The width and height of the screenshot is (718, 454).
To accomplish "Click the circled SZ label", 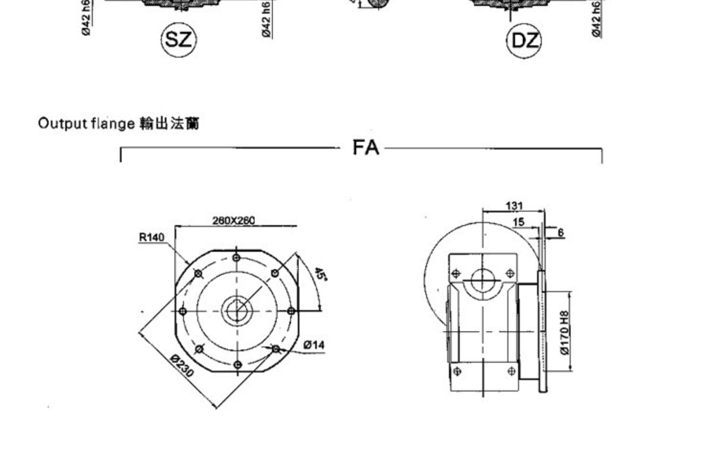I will coord(179,40).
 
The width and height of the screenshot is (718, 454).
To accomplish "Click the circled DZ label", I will coord(524,41).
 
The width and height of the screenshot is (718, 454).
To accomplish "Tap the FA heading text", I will coord(365,148).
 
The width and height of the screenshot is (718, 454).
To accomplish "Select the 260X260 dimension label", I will coord(234,221).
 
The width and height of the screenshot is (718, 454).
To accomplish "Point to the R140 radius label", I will coord(151,237).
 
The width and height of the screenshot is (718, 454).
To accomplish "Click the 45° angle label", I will coord(320,274).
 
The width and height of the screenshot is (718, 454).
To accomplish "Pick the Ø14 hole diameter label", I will coord(314,345).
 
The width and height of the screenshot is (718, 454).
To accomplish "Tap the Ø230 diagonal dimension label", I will coord(182,366).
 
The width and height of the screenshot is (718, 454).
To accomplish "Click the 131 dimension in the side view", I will coord(514,206).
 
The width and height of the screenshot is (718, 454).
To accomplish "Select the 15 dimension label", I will coord(519,222).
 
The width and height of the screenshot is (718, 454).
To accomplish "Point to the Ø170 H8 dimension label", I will coord(564,332).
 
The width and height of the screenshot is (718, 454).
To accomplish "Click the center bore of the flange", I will coord(237,311).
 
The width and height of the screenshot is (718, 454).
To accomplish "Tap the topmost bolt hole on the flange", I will coord(236,258).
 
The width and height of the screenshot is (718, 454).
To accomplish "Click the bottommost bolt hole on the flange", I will coord(237,365).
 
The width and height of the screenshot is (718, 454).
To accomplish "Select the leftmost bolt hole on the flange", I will coord(183,311).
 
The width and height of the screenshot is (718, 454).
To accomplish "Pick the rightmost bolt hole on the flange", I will coord(291,311).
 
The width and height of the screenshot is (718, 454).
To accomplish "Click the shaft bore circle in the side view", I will coord(483,280).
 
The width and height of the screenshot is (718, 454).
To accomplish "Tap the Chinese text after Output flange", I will coord(170,123).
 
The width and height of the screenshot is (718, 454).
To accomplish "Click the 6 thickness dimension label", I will coord(561,233).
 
